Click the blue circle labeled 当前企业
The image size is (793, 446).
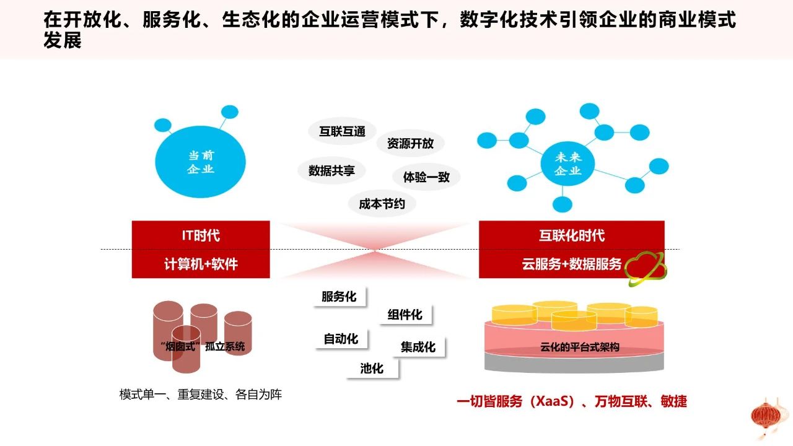[x=200, y=162]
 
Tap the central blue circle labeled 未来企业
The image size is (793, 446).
[x=568, y=164]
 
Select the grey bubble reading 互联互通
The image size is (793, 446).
[x=342, y=131]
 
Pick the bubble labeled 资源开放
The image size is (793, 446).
[x=410, y=143]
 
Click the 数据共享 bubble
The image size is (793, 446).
[x=331, y=170]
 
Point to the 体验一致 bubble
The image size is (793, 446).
[x=426, y=177]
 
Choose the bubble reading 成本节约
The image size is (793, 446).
[x=382, y=204]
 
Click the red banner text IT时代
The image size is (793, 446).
[x=201, y=235]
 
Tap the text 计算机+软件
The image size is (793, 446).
[x=201, y=264]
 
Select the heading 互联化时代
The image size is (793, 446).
[x=572, y=235]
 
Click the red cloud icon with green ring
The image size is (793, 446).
[x=646, y=269]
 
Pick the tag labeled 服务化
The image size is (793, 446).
[x=339, y=297]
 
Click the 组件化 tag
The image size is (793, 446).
[x=405, y=315]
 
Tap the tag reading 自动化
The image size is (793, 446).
[x=341, y=339]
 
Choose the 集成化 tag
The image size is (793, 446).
[x=418, y=347]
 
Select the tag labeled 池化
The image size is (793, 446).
[x=372, y=369]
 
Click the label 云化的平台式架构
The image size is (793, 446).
[x=579, y=347]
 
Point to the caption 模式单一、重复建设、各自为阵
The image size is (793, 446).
[x=200, y=395]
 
